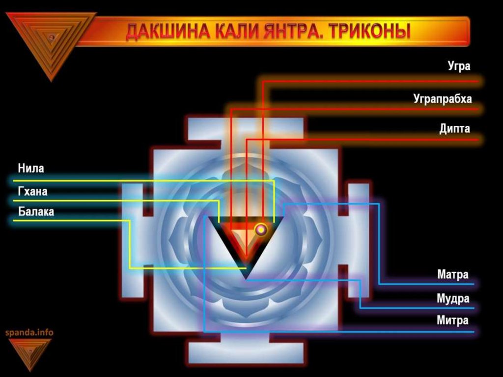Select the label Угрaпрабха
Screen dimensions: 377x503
(x=443, y=99)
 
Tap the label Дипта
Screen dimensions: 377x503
(x=454, y=129)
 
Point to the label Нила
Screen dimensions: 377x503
(x=31, y=169)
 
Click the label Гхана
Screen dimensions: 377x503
(x=33, y=191)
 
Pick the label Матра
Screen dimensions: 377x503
(x=453, y=274)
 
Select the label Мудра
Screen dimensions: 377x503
(x=453, y=298)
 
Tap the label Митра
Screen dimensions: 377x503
(x=452, y=321)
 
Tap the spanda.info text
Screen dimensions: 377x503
(x=29, y=333)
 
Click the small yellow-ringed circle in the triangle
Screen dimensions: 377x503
(x=261, y=229)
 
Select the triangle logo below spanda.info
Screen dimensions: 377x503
(x=30, y=352)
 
